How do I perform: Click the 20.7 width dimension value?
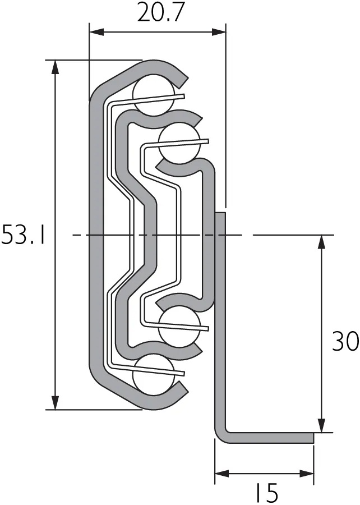coord(160,12)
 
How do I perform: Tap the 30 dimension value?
coord(345,342)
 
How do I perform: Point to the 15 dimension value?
coord(264,493)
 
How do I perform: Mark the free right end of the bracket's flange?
coord(311,438)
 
